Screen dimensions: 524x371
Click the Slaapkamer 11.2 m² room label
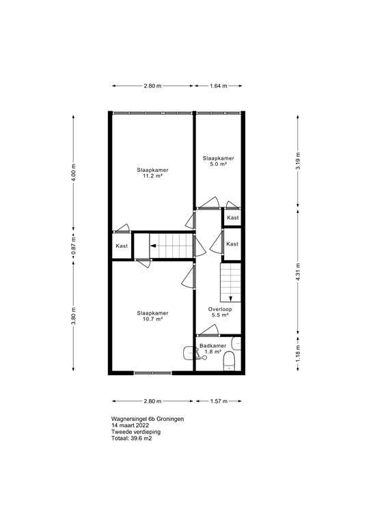[x=152, y=173]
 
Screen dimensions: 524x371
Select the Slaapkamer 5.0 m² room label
[x=218, y=161]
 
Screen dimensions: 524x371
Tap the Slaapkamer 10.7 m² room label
[x=152, y=316]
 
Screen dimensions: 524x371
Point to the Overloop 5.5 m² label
[x=220, y=312]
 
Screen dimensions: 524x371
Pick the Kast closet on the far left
[x=122, y=246]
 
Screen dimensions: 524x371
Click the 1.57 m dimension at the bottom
[x=217, y=401]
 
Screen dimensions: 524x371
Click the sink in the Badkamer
[x=190, y=353]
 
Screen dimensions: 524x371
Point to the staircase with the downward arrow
[x=231, y=282]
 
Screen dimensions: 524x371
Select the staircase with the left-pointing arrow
[x=164, y=246]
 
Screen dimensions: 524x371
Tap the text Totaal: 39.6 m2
[x=131, y=439]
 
